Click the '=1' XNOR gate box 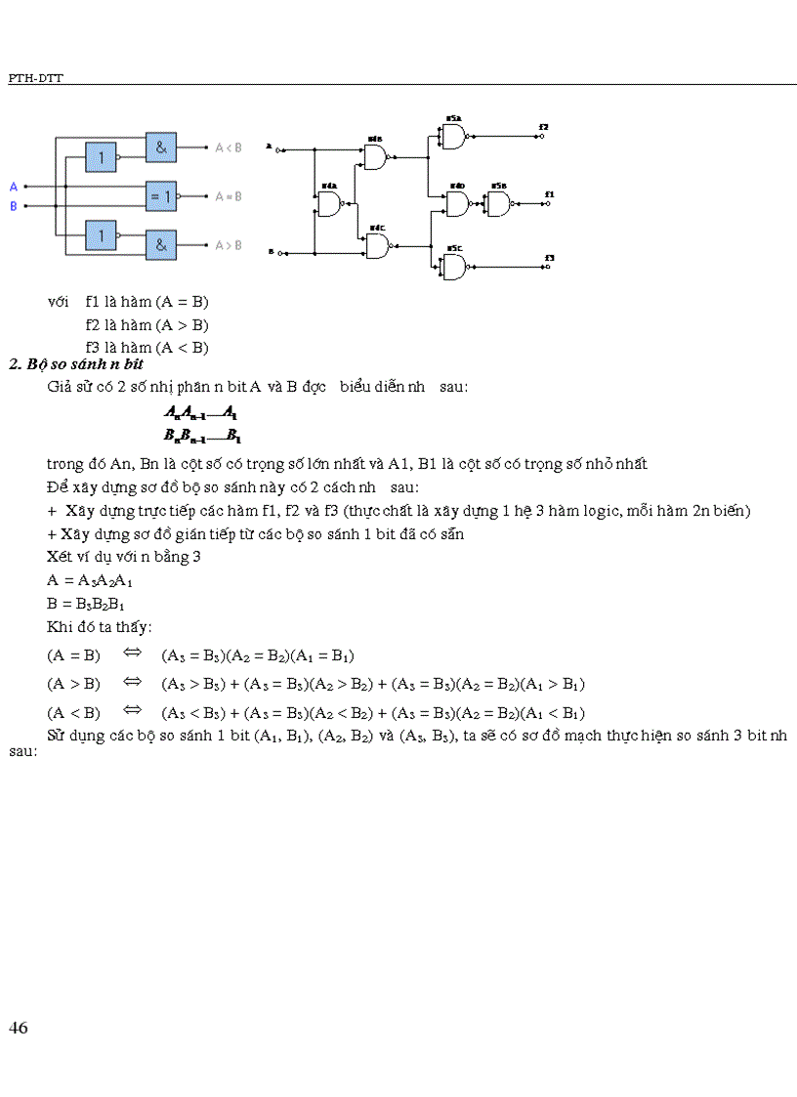(161, 196)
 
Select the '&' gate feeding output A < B (161, 147)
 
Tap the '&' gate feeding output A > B (161, 244)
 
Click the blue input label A (14, 186)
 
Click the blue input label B (14, 206)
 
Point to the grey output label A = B (228, 196)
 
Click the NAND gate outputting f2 (453, 138)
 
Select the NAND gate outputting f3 (454, 267)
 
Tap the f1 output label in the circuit (550, 194)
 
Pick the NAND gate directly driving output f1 (498, 204)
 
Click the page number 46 (18, 1028)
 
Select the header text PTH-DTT (35, 78)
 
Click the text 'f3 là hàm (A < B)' (147, 347)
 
